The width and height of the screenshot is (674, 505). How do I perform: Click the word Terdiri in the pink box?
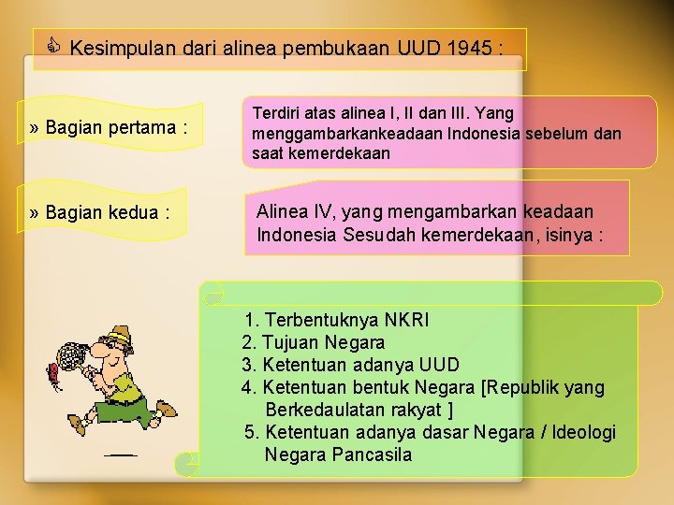[279, 113]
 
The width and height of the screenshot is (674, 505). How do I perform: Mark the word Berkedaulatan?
[325, 410]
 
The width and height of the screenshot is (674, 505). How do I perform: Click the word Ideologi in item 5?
[584, 432]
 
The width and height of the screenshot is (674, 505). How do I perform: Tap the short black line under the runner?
[120, 454]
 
